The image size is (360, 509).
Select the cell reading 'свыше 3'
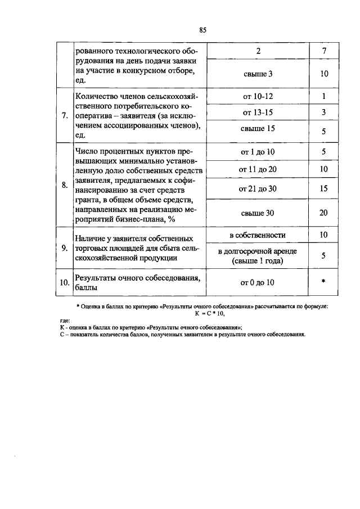(258, 74)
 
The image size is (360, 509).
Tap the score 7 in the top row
(324, 51)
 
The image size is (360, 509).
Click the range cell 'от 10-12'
(258, 97)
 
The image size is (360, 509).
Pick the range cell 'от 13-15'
(258, 112)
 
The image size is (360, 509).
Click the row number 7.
(65, 116)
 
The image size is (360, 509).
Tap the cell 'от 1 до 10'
(258, 152)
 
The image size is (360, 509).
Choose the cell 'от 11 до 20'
(258, 169)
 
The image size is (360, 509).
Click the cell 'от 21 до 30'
(258, 189)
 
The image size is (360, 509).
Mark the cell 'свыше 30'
(258, 213)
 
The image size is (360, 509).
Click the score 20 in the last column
(324, 213)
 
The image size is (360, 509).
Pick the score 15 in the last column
(324, 189)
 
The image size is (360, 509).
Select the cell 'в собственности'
(258, 235)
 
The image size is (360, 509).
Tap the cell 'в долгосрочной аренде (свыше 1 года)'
(258, 256)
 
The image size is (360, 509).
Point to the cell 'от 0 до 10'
(258, 282)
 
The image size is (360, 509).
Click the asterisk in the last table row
(324, 282)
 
